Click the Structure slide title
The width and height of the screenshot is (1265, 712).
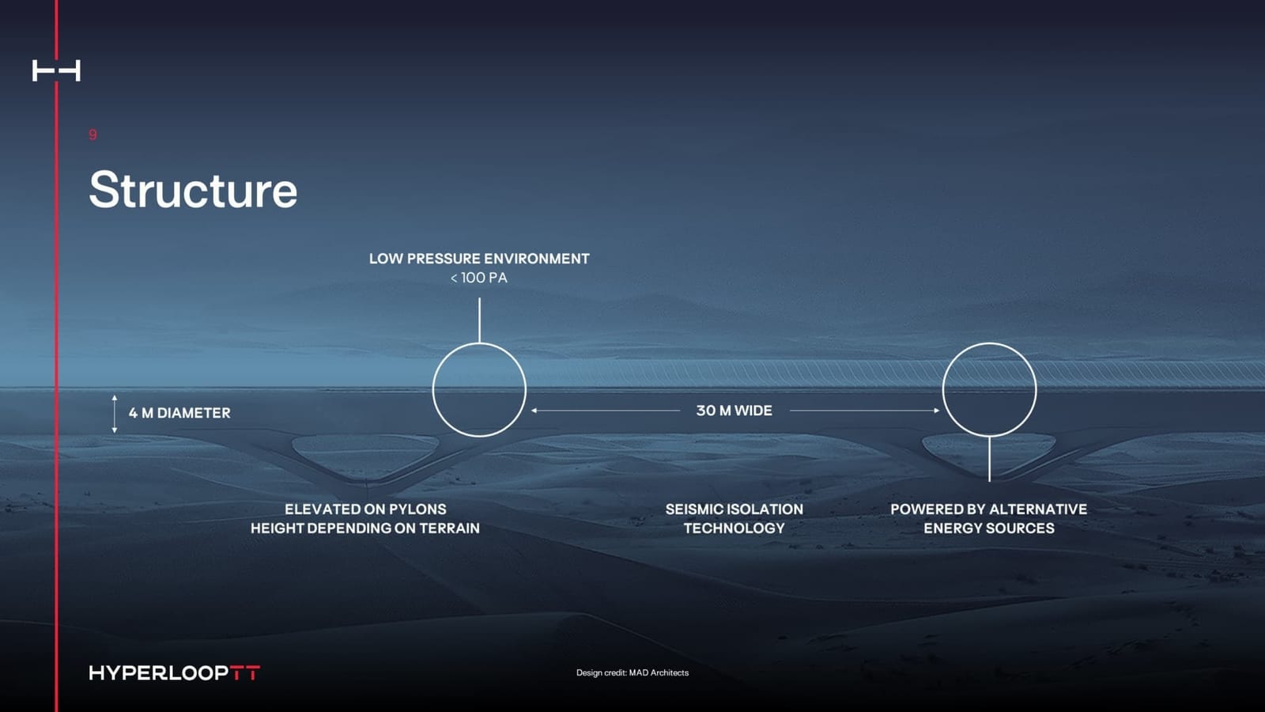click(x=193, y=191)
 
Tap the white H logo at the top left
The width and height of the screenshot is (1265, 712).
click(x=56, y=70)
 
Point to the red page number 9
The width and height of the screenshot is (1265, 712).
click(x=93, y=134)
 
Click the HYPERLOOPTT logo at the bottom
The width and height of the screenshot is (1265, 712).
click(x=174, y=672)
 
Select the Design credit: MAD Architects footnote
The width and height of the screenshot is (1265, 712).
click(x=632, y=672)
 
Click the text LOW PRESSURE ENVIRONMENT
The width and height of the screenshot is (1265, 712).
click(x=479, y=259)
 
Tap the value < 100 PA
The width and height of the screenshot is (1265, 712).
click(x=479, y=278)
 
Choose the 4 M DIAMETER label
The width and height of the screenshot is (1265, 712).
click(x=179, y=413)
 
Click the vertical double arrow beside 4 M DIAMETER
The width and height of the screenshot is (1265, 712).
click(x=115, y=414)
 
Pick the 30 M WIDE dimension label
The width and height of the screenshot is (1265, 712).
click(x=734, y=411)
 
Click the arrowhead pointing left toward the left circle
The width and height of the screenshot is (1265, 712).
click(x=535, y=411)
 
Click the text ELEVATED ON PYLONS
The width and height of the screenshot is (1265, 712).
click(x=365, y=509)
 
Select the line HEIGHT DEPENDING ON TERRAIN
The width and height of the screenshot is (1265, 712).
click(x=365, y=528)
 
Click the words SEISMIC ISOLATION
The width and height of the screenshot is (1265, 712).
click(x=734, y=509)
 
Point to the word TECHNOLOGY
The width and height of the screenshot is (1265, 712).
click(x=734, y=528)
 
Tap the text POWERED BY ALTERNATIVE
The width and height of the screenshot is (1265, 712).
click(x=988, y=509)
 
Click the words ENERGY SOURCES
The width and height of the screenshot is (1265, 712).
click(x=988, y=528)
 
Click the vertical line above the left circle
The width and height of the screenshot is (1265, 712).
click(x=479, y=320)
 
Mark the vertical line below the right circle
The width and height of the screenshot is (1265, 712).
click(x=989, y=459)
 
